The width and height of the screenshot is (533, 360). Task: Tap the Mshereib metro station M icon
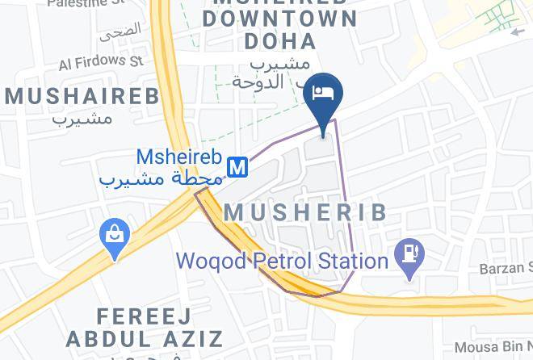coord(237,166)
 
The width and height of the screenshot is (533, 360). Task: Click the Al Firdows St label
coord(100,61)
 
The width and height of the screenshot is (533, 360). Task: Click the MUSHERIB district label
coord(304,212)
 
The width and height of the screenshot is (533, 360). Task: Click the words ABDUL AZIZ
coord(145,337)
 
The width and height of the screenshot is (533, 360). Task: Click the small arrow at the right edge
coord(518,32)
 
